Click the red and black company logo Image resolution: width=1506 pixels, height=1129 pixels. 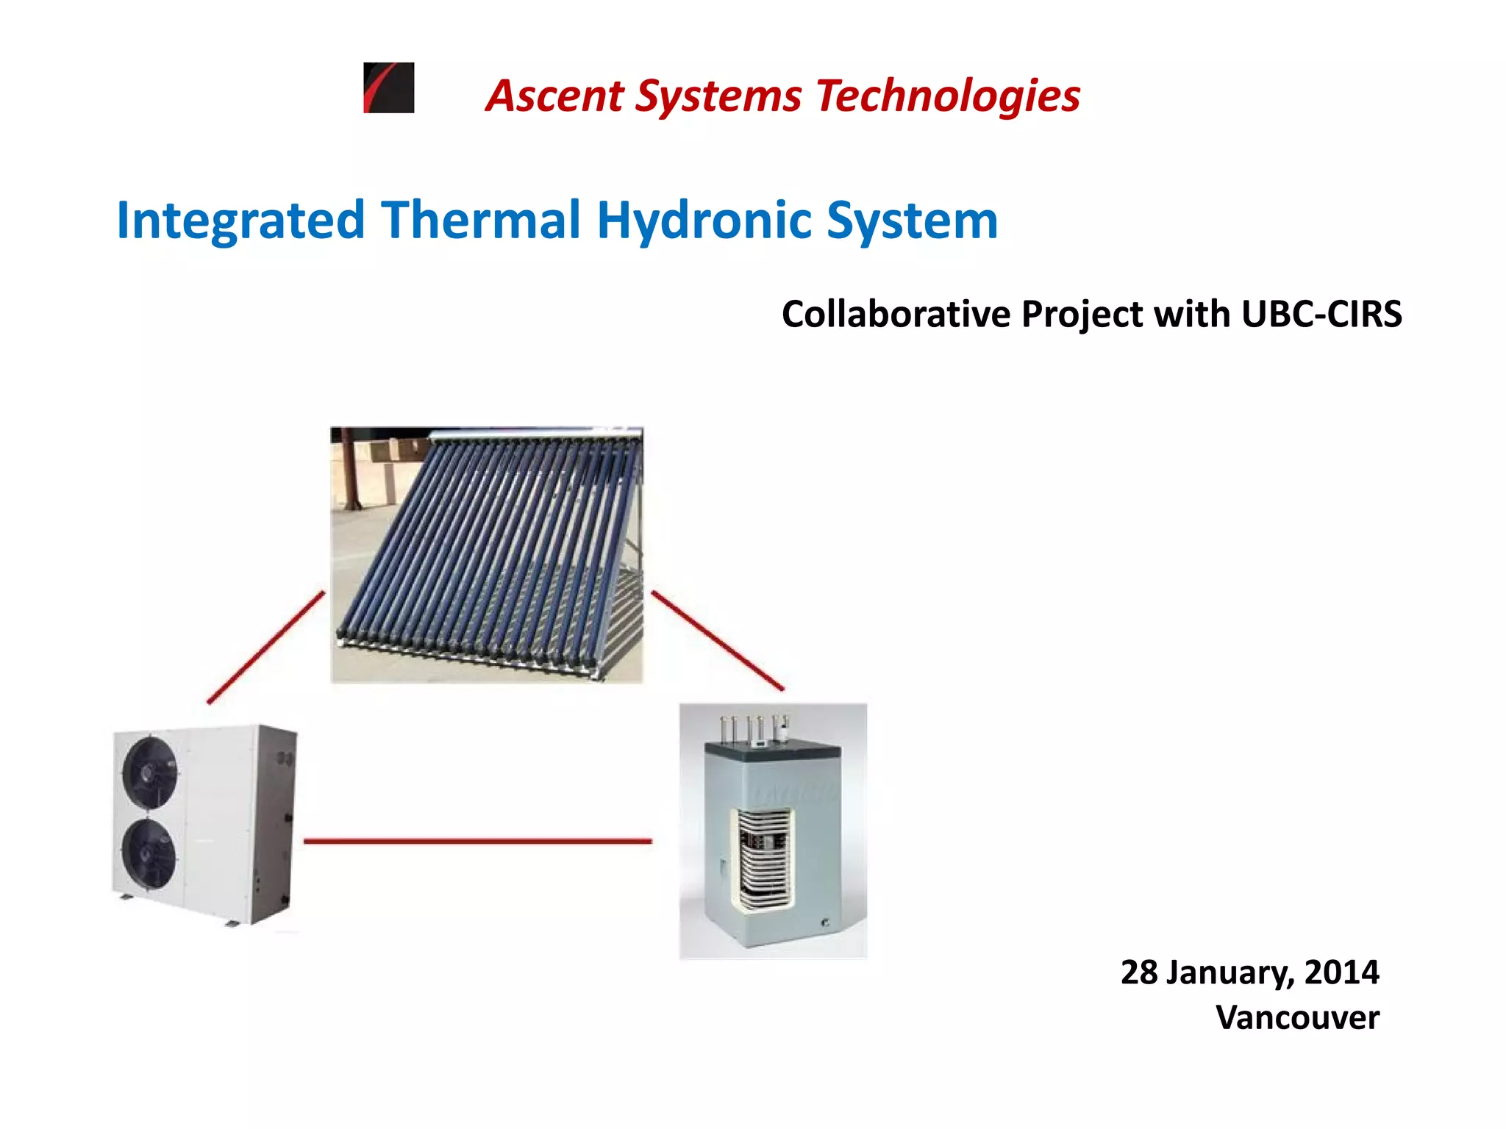click(x=389, y=87)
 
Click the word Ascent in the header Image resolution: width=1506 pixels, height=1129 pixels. click(x=555, y=96)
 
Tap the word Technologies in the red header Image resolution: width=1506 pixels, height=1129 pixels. click(x=948, y=96)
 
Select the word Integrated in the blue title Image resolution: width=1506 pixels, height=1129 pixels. click(x=240, y=221)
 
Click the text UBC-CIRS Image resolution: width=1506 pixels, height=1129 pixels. click(x=1321, y=314)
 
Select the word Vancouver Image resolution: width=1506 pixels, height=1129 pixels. click(x=1297, y=1018)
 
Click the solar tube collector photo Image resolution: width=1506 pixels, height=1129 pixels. click(x=487, y=555)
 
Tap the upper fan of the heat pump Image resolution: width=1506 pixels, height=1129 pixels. click(x=150, y=771)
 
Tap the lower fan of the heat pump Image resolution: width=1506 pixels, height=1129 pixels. click(x=149, y=853)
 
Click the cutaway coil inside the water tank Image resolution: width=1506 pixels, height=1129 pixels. click(x=763, y=859)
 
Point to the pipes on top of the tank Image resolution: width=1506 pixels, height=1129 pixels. click(x=754, y=728)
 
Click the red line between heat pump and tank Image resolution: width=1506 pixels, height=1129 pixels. click(x=477, y=841)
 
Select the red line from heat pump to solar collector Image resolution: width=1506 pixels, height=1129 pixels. click(x=266, y=647)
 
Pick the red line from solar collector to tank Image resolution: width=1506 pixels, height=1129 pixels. click(x=718, y=640)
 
